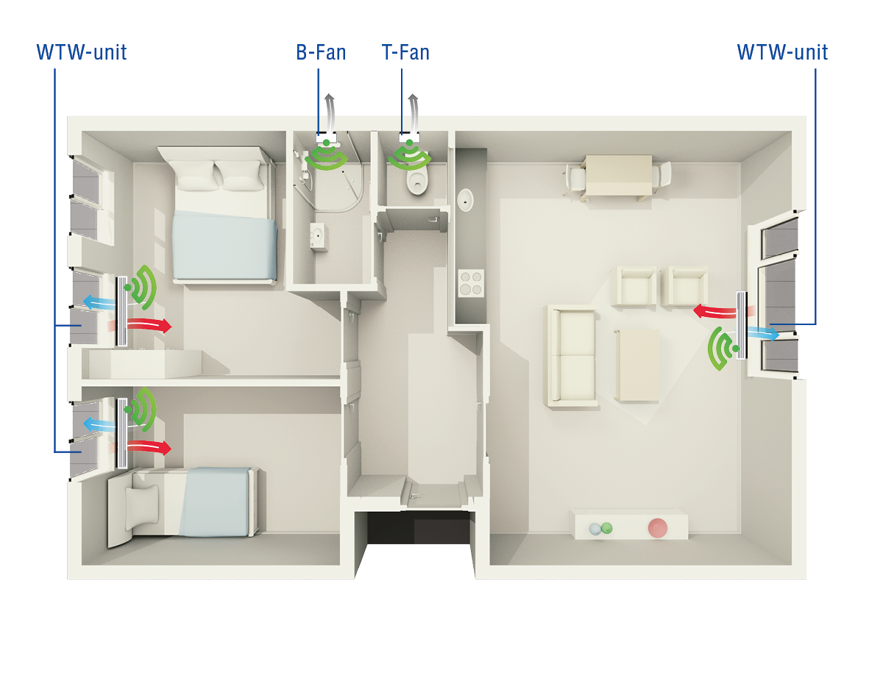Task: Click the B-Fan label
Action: coord(321,53)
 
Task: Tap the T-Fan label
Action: coord(405,53)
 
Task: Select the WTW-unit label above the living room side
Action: coord(783,53)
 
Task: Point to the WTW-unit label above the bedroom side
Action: coord(82,53)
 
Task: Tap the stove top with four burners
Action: coord(471,283)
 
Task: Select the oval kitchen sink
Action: coord(466,201)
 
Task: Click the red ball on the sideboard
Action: coord(658,528)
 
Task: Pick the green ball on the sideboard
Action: coord(607,528)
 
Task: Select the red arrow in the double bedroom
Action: coord(149,325)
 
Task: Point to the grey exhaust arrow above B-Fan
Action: coord(330,113)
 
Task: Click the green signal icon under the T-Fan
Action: coord(410,155)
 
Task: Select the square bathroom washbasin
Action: coord(319,237)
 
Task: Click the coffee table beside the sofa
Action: coord(637,366)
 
